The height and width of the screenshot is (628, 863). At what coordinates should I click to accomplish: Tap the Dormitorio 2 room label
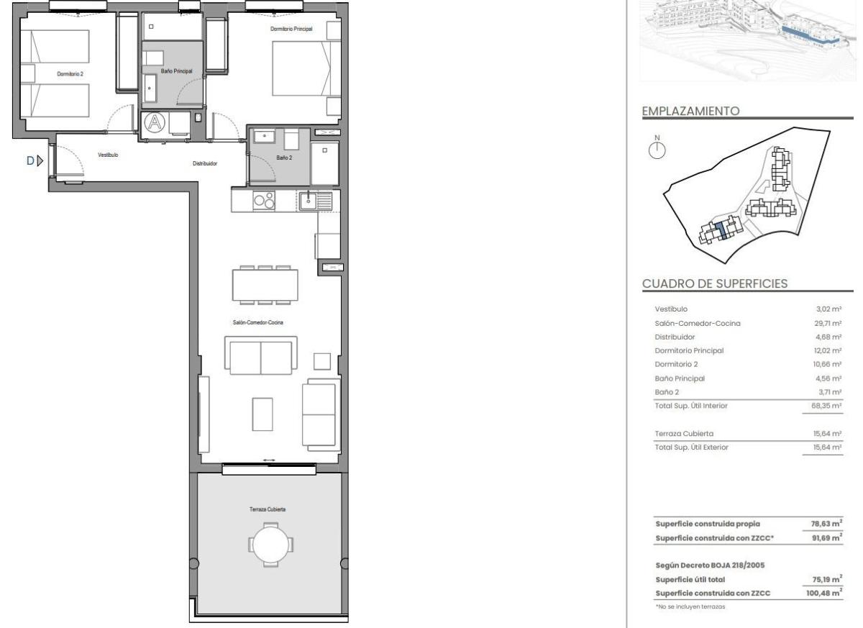pos(70,73)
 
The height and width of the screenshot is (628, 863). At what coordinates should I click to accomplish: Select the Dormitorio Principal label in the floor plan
pos(291,29)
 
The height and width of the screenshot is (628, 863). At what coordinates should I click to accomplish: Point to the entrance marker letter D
pos(30,161)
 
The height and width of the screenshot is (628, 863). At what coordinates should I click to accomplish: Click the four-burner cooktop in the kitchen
pos(264,201)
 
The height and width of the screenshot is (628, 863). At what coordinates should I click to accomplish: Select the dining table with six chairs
pos(265,285)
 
